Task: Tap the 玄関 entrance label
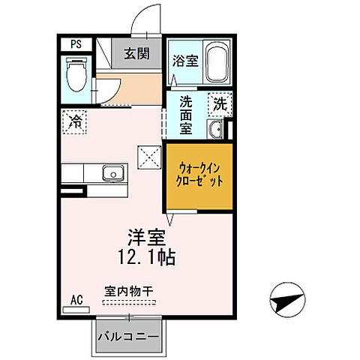[136, 53]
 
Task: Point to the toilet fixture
[76, 76]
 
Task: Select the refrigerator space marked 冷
[76, 121]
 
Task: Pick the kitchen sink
[113, 173]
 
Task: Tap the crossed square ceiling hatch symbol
[149, 157]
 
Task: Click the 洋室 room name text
[145, 239]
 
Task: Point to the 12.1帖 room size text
[146, 259]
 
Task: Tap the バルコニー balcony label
[127, 337]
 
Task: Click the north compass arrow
[286, 301]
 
